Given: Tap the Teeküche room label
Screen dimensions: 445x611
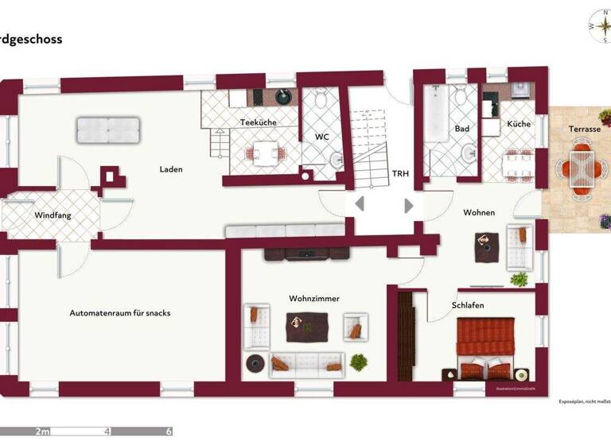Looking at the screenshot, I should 258,122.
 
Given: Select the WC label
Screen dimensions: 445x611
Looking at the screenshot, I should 321,137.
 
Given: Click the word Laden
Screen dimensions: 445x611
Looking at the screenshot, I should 171,169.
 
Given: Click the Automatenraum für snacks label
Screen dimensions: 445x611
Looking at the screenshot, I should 120,313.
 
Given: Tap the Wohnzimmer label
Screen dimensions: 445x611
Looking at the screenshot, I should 314,299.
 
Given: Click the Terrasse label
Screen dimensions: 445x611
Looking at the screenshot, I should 584,129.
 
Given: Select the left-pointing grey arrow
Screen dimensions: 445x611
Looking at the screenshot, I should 360,204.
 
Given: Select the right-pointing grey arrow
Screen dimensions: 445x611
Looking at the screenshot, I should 409,205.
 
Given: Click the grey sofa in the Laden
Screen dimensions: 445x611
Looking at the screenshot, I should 109,127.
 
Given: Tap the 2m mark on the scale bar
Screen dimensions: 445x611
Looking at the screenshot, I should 42,431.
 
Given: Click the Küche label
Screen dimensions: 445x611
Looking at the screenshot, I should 518,125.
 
